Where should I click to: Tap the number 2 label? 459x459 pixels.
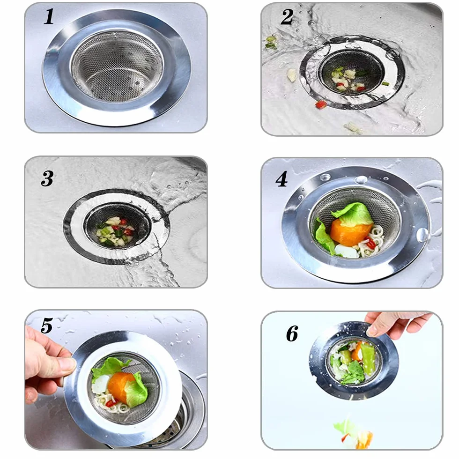click(x=287, y=17)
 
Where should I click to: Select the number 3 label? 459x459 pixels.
click(x=47, y=178)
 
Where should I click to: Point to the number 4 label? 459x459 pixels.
click(x=281, y=179)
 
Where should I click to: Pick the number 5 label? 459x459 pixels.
click(x=47, y=326)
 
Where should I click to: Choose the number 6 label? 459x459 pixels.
click(x=292, y=333)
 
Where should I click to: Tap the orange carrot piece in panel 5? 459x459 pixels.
click(x=121, y=386)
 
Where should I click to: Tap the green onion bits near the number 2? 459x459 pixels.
click(x=271, y=42)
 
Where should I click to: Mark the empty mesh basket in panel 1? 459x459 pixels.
click(x=117, y=67)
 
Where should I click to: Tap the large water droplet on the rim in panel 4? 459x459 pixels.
click(x=422, y=235)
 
